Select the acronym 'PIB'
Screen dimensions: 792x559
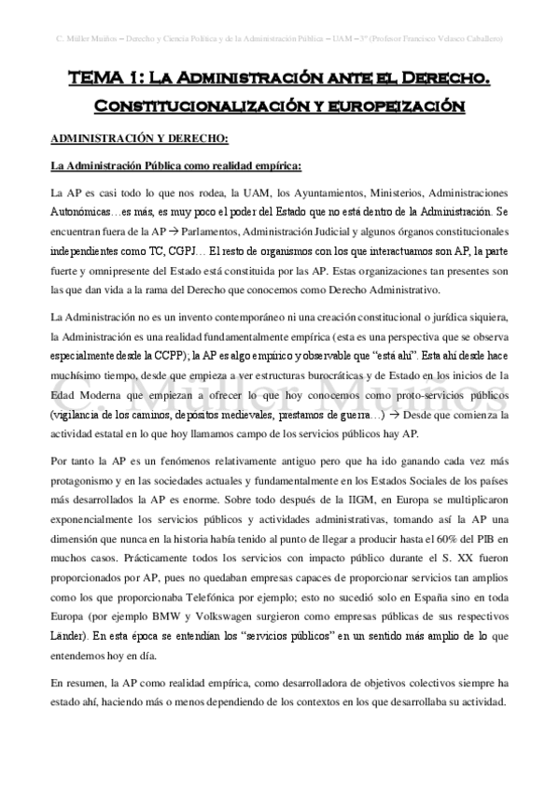pyautogui.click(x=476, y=510)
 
